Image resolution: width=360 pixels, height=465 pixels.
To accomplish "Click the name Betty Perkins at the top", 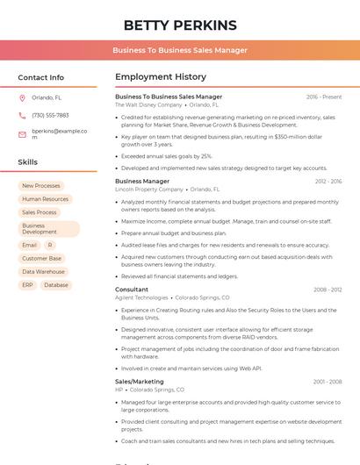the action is (x=180, y=25).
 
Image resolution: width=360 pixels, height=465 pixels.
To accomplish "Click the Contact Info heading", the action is (x=40, y=77).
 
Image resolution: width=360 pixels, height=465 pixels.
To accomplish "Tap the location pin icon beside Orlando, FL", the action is (x=22, y=98).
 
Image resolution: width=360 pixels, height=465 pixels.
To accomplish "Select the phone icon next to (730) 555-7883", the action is (x=22, y=115).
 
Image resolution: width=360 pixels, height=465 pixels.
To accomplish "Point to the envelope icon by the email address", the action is (x=22, y=134).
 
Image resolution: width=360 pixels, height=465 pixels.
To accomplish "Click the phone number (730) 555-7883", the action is (x=50, y=115).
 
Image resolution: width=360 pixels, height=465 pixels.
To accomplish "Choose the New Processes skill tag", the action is (x=41, y=186).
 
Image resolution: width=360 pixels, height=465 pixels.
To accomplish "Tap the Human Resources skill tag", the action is (x=45, y=199).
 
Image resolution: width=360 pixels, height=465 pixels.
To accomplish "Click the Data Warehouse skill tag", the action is (x=43, y=272).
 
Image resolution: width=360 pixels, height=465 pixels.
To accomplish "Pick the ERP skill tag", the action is (x=27, y=285).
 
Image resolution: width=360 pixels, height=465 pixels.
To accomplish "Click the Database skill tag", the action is (x=55, y=285).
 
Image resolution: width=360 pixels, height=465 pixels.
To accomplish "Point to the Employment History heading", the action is (x=161, y=77).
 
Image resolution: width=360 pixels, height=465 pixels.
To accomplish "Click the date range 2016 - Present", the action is (x=324, y=97).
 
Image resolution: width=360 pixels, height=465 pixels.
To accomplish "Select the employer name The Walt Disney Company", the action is (x=148, y=104).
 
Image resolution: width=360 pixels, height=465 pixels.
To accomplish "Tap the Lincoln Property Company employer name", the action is (x=149, y=189).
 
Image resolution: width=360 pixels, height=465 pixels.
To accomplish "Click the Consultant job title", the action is (x=132, y=289).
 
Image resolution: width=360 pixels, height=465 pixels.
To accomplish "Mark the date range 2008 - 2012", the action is (x=328, y=290).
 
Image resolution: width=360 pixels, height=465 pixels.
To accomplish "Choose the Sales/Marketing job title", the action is (x=140, y=382).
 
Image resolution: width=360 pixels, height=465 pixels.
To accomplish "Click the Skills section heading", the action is (x=28, y=162).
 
